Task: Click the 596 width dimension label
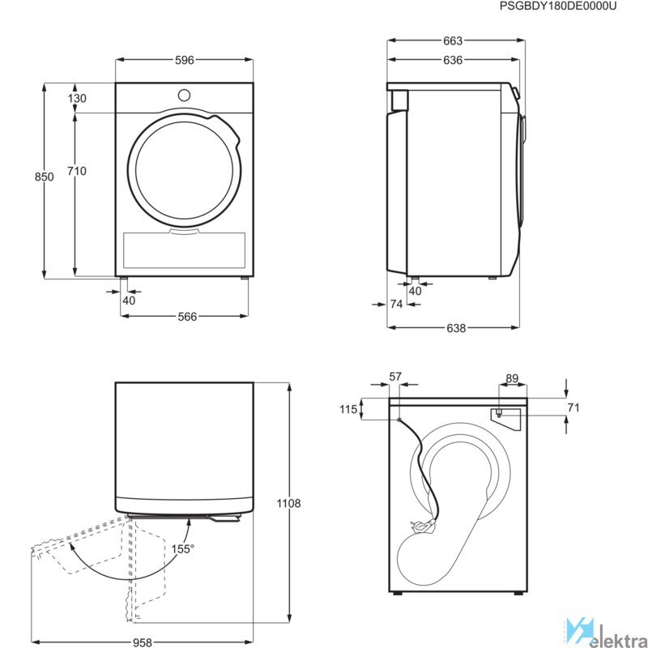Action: [x=185, y=60]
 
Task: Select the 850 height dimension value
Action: [x=45, y=177]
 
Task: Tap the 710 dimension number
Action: [x=77, y=171]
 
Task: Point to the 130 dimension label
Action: [x=77, y=98]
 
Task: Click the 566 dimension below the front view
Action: [x=187, y=317]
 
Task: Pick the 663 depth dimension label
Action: [x=453, y=41]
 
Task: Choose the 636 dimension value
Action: [x=453, y=60]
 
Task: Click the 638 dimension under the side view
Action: [x=456, y=328]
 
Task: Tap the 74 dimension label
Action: [x=396, y=305]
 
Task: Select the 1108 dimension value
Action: [x=289, y=503]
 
